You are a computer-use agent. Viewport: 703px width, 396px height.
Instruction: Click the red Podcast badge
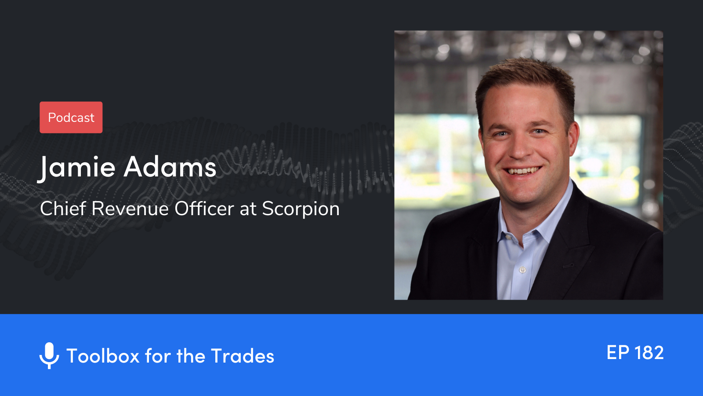[71, 117]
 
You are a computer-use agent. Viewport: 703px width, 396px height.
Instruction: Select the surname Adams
[170, 168]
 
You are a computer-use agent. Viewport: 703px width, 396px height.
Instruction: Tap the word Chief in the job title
[63, 209]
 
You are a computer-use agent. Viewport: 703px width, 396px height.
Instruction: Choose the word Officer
[204, 209]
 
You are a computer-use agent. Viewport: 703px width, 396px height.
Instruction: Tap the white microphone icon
[49, 355]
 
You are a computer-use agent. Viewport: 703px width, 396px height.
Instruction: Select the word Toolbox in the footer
[103, 356]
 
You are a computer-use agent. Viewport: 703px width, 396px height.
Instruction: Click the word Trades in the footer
[242, 356]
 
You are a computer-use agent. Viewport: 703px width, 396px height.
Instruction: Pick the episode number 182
[649, 353]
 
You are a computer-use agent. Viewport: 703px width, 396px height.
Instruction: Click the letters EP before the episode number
[618, 353]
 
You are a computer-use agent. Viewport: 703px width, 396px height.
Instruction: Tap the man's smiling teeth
[523, 171]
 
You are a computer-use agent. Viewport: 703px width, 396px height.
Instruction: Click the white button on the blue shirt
[522, 270]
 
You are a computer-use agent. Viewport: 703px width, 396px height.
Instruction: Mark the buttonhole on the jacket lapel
[568, 265]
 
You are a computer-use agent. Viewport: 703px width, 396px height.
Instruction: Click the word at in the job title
[248, 209]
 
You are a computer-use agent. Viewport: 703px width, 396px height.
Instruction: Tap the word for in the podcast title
[158, 356]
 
